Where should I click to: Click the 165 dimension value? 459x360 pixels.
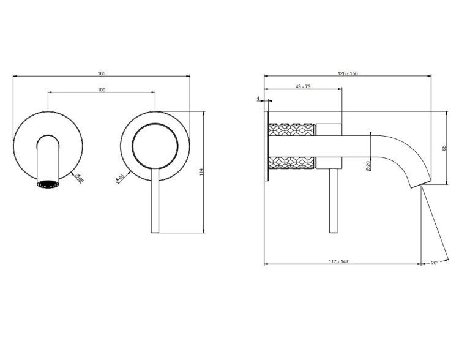[101, 73]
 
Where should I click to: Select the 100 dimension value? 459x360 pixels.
[101, 89]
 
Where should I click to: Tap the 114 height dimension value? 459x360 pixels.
[201, 172]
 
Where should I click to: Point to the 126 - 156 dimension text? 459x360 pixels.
[348, 73]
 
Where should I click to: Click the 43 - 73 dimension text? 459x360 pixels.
[303, 86]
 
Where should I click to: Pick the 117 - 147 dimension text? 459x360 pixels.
[338, 261]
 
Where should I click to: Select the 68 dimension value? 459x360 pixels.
[444, 148]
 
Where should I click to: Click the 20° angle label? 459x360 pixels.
[435, 263]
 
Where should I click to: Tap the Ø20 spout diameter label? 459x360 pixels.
[368, 165]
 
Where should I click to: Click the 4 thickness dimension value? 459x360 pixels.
[258, 99]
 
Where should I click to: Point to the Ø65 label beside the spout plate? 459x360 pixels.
[79, 178]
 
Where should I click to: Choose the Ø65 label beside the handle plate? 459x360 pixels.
[119, 179]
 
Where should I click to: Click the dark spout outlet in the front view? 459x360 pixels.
[48, 184]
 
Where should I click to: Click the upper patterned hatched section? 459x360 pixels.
[291, 130]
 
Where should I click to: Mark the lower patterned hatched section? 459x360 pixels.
[291, 163]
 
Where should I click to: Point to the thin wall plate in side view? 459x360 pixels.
[266, 146]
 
